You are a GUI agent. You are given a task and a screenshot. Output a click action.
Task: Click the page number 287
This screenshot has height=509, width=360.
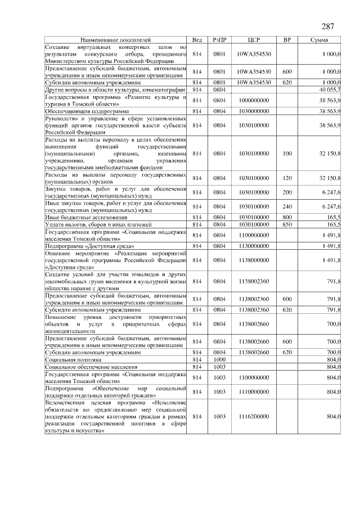click(328, 27)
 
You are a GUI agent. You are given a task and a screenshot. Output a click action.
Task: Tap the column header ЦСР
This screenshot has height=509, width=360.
click(254, 40)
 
